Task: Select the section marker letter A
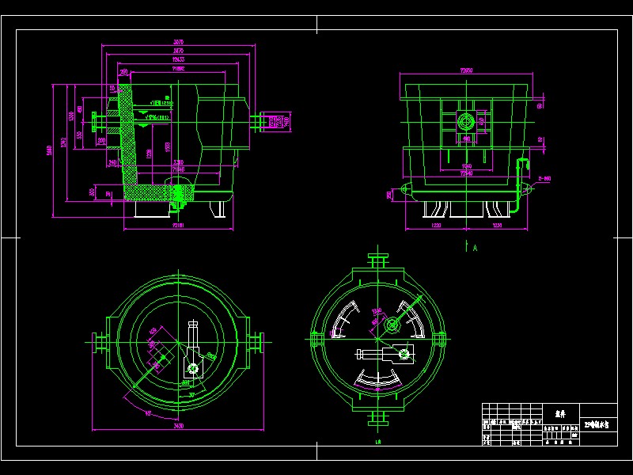tap(476, 248)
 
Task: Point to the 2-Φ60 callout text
tap(544, 179)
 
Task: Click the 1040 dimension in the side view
tap(467, 166)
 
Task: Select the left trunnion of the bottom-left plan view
tap(98, 342)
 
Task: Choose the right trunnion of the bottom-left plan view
tap(258, 342)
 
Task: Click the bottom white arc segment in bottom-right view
tap(378, 384)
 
